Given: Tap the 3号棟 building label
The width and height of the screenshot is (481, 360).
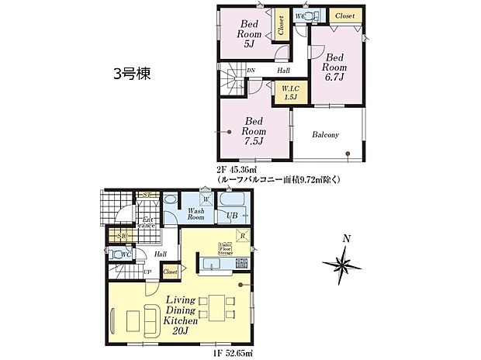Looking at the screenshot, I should point(132,74).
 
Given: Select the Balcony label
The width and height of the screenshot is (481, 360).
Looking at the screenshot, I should point(326,135).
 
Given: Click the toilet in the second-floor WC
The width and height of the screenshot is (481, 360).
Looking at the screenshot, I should point(310,16).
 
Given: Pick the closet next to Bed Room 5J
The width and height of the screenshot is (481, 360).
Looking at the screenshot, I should point(279,26).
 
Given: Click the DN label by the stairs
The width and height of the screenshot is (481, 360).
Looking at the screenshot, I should point(251,71).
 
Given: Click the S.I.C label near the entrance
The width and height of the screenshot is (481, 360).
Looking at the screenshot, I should point(123,237).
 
